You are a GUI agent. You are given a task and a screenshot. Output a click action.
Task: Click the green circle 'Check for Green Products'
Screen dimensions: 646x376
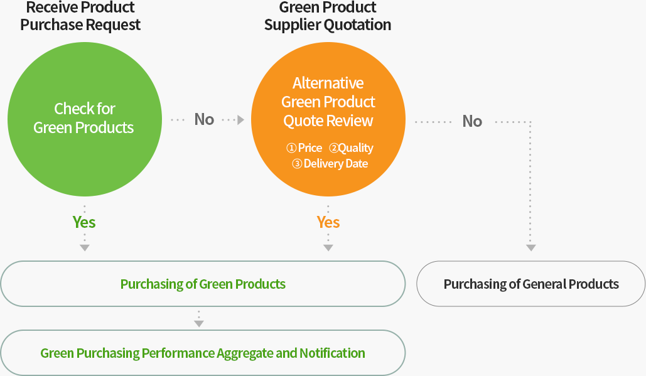coord(85,119)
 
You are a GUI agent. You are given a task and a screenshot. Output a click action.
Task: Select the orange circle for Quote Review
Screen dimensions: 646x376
coord(328,119)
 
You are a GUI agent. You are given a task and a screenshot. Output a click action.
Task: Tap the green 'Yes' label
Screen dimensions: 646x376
coord(84,222)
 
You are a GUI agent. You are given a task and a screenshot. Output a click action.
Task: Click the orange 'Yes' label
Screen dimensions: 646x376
coord(328,222)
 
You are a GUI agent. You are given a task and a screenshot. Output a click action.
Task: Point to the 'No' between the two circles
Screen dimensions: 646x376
coord(205,119)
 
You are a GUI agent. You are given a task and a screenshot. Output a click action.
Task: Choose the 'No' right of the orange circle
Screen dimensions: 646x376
coord(472,122)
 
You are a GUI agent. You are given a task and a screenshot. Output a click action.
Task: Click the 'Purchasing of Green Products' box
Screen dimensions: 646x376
coord(203,284)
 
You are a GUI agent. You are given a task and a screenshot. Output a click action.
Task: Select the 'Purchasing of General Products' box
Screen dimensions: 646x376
coord(530,284)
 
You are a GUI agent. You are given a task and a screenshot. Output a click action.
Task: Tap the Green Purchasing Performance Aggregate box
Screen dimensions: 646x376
coord(203,353)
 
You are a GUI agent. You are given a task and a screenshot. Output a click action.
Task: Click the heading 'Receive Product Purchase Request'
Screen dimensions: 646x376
coord(80,16)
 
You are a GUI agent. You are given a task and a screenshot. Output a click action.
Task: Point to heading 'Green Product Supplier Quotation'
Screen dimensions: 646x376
coord(328,16)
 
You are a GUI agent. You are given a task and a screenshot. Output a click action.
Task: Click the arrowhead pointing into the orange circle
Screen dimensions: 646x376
coord(241,120)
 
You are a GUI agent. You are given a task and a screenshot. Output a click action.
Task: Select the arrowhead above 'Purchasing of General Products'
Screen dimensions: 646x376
coord(530,248)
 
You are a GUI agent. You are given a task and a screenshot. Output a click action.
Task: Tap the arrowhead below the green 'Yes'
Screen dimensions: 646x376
coord(85,248)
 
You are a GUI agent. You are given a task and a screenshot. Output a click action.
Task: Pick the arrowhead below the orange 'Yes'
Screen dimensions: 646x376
coord(328,248)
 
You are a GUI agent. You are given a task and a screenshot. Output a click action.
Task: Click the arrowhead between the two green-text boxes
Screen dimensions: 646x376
coord(199,324)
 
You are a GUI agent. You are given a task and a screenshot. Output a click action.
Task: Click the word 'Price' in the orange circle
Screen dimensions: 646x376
coord(310,148)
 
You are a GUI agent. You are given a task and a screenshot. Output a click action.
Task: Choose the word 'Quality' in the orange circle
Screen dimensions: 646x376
coord(355,148)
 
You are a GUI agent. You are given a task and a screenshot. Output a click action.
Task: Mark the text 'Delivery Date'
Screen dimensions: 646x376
coord(336,164)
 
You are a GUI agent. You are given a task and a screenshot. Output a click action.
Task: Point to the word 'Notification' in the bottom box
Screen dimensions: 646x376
coord(332,353)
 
